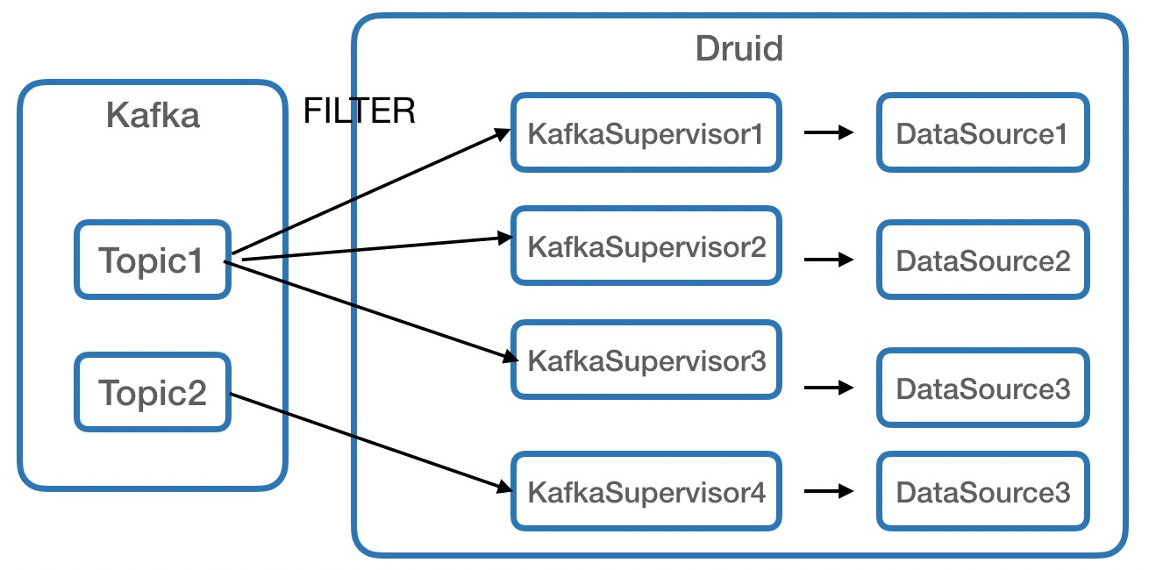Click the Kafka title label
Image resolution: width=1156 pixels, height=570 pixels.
pyautogui.click(x=153, y=115)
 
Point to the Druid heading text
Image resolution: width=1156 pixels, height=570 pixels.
pyautogui.click(x=739, y=47)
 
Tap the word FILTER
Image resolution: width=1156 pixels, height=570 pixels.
pyautogui.click(x=359, y=111)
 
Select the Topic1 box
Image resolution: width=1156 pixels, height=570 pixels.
pyautogui.click(x=153, y=260)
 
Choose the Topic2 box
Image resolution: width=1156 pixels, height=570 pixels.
pyautogui.click(x=153, y=392)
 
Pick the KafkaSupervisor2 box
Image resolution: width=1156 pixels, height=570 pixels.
pyautogui.click(x=646, y=246)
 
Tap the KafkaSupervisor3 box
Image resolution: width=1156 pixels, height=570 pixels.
pyautogui.click(x=646, y=360)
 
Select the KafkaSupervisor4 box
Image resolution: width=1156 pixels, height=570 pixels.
pyautogui.click(x=646, y=491)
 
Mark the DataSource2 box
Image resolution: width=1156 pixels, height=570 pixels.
pyautogui.click(x=982, y=260)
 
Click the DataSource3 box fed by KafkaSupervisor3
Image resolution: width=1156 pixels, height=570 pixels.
pyautogui.click(x=982, y=388)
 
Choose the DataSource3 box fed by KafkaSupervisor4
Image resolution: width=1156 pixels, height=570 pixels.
pyautogui.click(x=982, y=491)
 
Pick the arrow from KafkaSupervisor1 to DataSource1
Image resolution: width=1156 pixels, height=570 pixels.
pyautogui.click(x=829, y=132)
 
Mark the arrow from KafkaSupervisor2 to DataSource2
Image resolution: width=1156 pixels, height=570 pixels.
pyautogui.click(x=829, y=260)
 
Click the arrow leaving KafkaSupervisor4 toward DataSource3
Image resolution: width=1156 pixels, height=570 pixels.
pyautogui.click(x=829, y=491)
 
